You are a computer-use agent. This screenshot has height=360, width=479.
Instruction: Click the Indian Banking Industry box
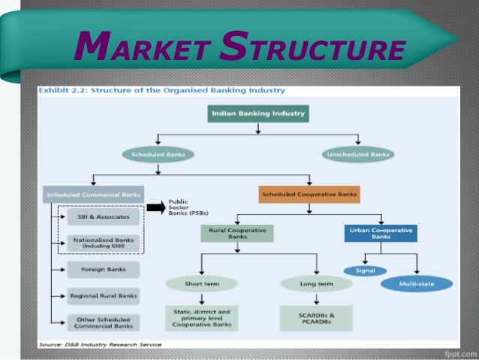pyautogui.click(x=258, y=114)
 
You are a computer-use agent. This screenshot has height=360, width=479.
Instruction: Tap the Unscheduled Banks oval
pyautogui.click(x=358, y=154)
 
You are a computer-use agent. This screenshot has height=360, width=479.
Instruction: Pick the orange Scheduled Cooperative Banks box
pyautogui.click(x=309, y=195)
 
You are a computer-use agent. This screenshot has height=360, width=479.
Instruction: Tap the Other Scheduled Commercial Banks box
pyautogui.click(x=104, y=322)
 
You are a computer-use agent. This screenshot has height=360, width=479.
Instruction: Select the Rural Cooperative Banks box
pyautogui.click(x=236, y=233)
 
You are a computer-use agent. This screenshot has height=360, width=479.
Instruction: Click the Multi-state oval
pyautogui.click(x=416, y=284)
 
